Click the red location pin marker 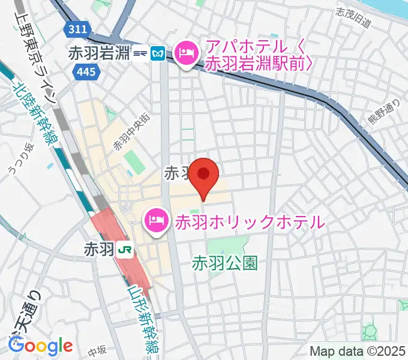204,175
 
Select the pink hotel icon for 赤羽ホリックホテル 156,221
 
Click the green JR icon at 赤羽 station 125,248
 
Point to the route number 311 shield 78,29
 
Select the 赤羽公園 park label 225,263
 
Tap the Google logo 40,345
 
